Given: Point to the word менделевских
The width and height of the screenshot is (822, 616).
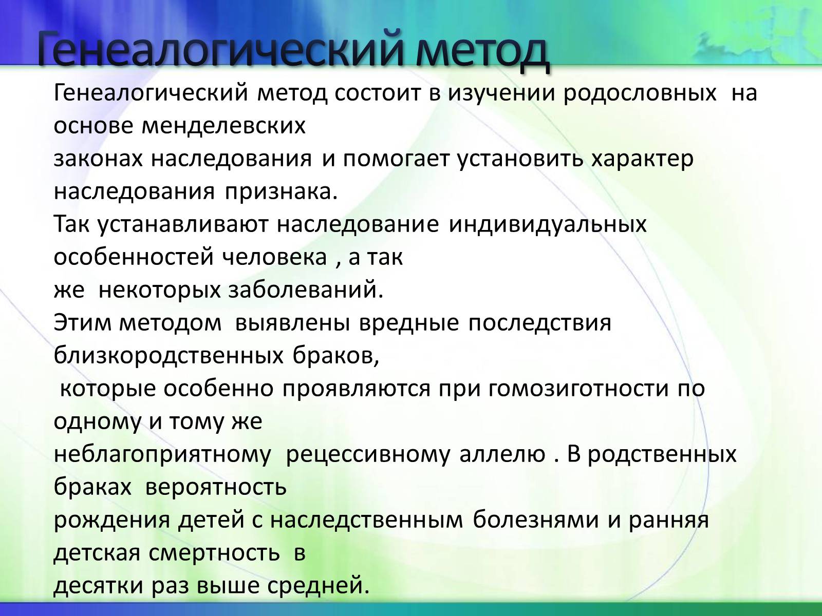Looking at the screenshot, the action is pos(223,126).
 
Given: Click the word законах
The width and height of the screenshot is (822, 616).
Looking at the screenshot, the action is pos(98,159).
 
